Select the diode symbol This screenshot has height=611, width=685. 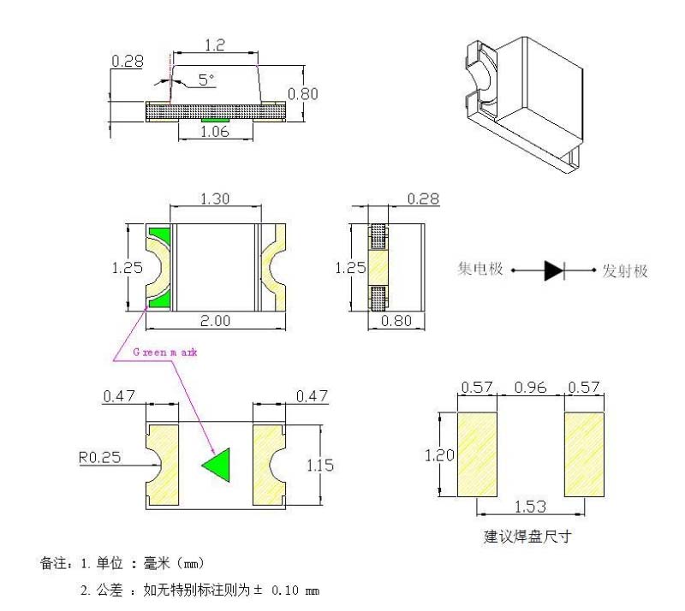[554, 271]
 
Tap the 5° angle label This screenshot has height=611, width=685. [206, 80]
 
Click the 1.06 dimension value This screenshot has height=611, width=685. [215, 132]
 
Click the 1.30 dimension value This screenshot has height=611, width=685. [215, 199]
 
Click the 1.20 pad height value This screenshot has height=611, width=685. [441, 455]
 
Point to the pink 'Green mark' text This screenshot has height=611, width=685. [165, 352]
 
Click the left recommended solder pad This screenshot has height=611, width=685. [477, 454]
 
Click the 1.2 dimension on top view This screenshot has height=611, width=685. [215, 45]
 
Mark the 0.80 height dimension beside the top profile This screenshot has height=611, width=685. [303, 93]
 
